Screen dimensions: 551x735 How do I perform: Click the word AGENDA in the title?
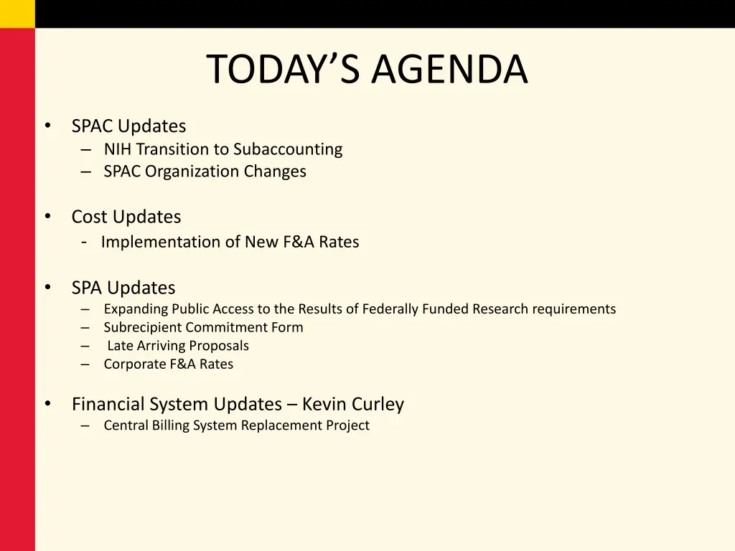click(449, 70)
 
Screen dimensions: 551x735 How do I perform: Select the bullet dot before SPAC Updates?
click(47, 126)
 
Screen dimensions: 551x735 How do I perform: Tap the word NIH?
click(118, 149)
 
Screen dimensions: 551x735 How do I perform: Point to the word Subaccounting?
click(288, 149)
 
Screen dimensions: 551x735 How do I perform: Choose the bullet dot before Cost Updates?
click(47, 216)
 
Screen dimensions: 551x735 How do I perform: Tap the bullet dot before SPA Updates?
click(47, 287)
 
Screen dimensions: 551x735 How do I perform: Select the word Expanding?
click(136, 309)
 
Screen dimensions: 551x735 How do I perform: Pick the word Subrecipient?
click(142, 327)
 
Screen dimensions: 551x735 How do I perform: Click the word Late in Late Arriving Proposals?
click(121, 346)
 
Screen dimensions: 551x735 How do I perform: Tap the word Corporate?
click(134, 364)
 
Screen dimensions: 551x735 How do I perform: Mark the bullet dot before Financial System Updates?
click(47, 404)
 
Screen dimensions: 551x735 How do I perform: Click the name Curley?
click(378, 405)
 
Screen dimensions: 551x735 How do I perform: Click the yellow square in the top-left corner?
click(17, 14)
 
